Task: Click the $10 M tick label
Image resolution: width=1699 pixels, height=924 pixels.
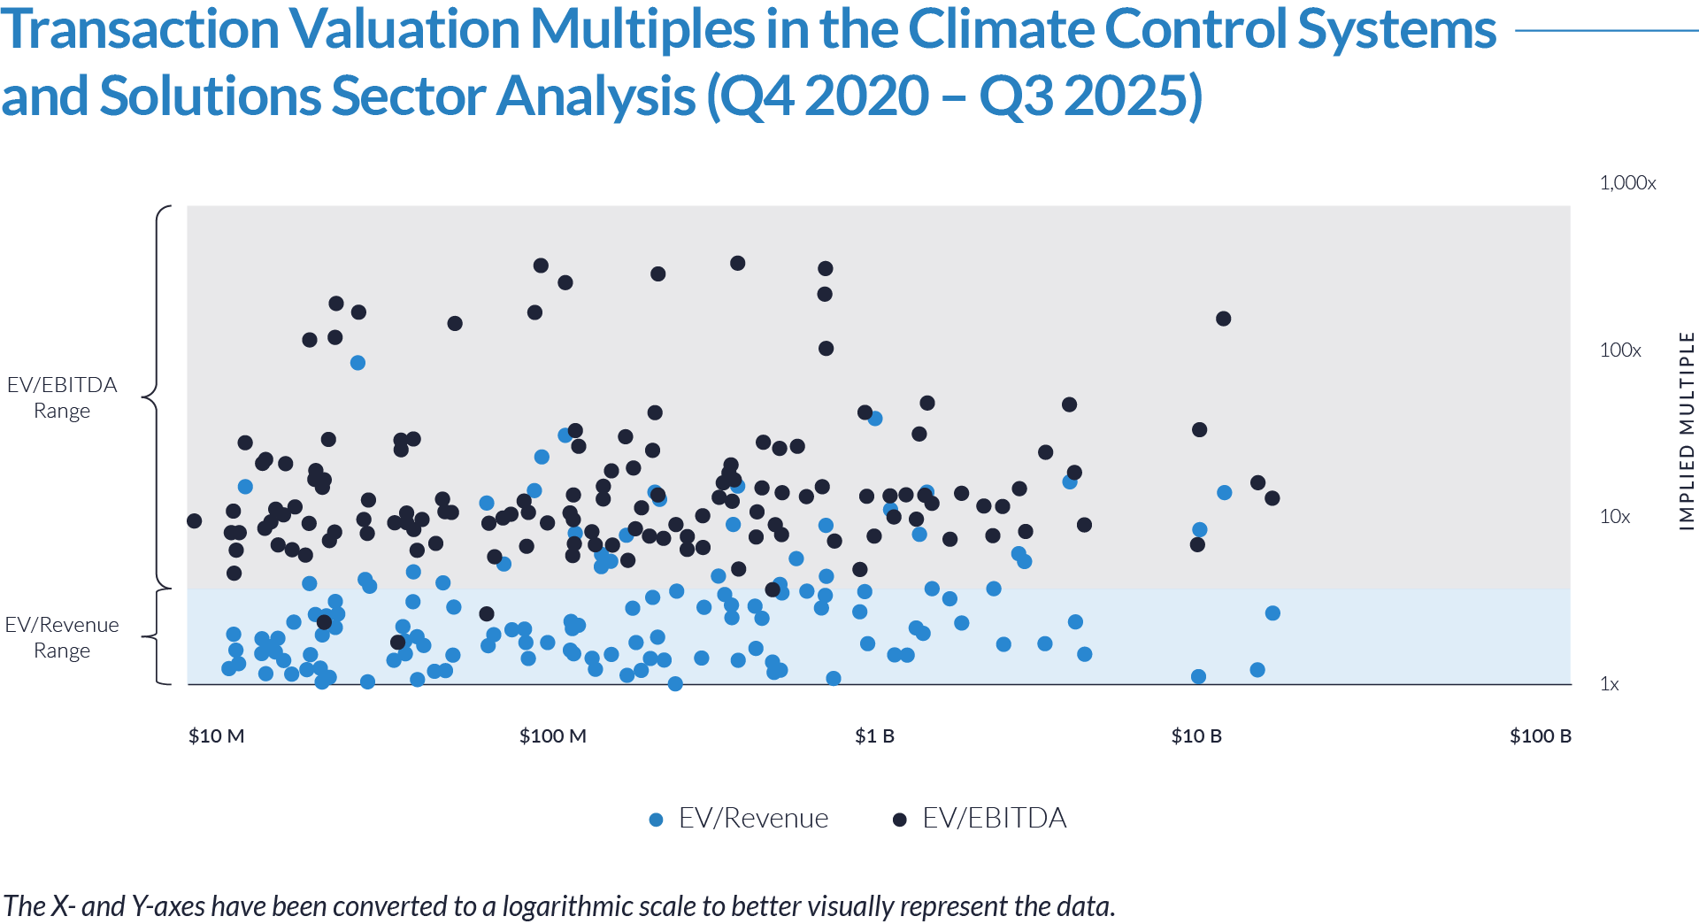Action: click(216, 736)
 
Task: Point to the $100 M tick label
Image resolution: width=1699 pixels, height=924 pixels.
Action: click(553, 736)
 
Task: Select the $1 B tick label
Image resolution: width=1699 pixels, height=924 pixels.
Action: click(874, 736)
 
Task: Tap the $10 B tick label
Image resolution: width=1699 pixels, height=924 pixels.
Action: click(1196, 736)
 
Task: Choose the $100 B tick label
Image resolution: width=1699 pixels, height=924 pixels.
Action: click(1541, 736)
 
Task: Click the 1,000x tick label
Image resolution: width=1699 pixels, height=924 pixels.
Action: click(1627, 183)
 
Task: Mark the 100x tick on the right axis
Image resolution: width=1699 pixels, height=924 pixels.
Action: click(1620, 350)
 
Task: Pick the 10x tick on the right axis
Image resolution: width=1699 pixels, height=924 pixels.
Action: click(1615, 517)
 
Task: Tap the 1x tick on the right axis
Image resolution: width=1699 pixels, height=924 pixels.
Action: click(1610, 684)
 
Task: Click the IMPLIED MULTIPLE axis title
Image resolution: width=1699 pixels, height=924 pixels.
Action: click(1687, 432)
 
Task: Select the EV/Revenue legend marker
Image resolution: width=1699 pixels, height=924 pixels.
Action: click(656, 820)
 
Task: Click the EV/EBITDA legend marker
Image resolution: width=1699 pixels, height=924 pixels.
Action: click(900, 820)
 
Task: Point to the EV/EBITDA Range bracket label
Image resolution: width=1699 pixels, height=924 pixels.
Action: click(62, 397)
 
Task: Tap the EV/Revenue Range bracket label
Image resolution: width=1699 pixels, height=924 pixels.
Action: click(62, 637)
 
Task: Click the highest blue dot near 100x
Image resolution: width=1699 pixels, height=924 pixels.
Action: click(357, 363)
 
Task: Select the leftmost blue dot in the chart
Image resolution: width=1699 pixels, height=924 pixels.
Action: click(245, 487)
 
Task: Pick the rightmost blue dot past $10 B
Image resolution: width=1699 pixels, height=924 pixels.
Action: click(1224, 493)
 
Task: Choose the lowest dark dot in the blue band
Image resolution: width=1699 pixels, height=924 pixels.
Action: click(397, 643)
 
